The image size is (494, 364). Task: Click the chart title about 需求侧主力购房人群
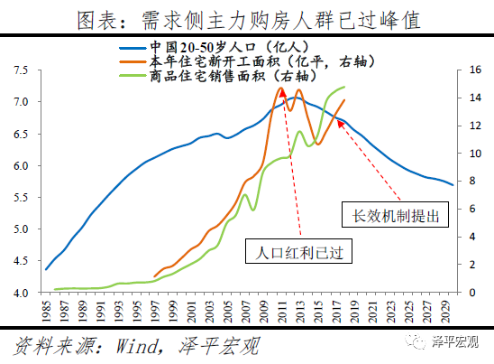click(x=246, y=19)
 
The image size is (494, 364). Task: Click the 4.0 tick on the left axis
click(x=19, y=293)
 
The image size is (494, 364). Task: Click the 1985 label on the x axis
click(x=46, y=314)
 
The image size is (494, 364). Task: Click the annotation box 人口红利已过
click(x=296, y=252)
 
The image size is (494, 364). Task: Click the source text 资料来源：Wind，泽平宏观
click(x=117, y=346)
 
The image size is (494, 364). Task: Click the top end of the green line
click(x=345, y=88)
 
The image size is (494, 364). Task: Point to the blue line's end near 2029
click(x=452, y=184)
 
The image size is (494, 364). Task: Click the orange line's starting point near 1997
click(x=155, y=277)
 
